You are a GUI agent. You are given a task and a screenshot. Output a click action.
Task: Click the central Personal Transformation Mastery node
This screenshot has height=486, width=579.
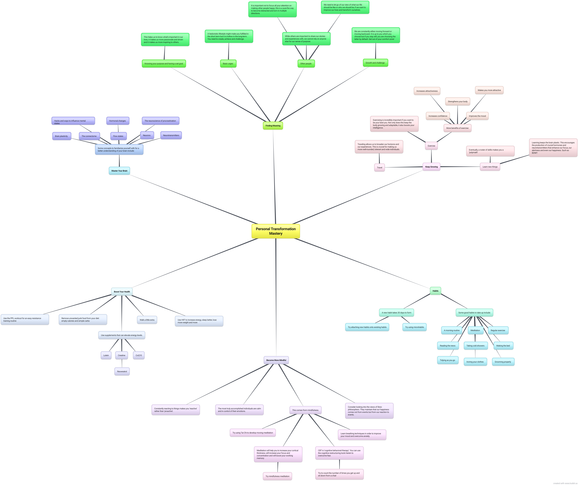[276, 231]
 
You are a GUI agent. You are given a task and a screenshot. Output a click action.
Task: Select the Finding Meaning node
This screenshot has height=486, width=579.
[273, 126]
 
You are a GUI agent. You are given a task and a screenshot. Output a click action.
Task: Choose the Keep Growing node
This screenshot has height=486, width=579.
[431, 167]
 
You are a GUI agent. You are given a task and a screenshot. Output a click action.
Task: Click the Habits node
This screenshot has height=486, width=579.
[435, 291]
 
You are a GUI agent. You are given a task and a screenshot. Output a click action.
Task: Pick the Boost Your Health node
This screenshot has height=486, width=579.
[122, 292]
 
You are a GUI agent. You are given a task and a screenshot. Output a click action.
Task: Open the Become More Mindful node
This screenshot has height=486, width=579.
[276, 360]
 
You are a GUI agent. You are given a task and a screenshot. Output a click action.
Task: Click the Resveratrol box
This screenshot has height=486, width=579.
[122, 371]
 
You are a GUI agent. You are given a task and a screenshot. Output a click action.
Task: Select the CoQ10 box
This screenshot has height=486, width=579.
[139, 355]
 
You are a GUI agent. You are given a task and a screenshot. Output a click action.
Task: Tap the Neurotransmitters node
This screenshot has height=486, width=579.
[171, 135]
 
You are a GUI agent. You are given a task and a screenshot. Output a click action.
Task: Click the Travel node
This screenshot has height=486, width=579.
[380, 167]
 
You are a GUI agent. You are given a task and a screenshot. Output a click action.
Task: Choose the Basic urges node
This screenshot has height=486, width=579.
[228, 64]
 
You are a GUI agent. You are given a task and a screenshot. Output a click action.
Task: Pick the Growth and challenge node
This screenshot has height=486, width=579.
[375, 63]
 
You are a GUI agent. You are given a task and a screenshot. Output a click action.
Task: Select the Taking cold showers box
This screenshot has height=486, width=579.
[475, 346]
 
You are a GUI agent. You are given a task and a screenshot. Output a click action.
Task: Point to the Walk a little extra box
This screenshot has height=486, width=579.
[147, 320]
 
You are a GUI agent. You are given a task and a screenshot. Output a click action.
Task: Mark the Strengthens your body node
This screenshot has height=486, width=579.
[458, 101]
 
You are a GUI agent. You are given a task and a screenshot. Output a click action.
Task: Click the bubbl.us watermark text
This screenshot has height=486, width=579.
[565, 483]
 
